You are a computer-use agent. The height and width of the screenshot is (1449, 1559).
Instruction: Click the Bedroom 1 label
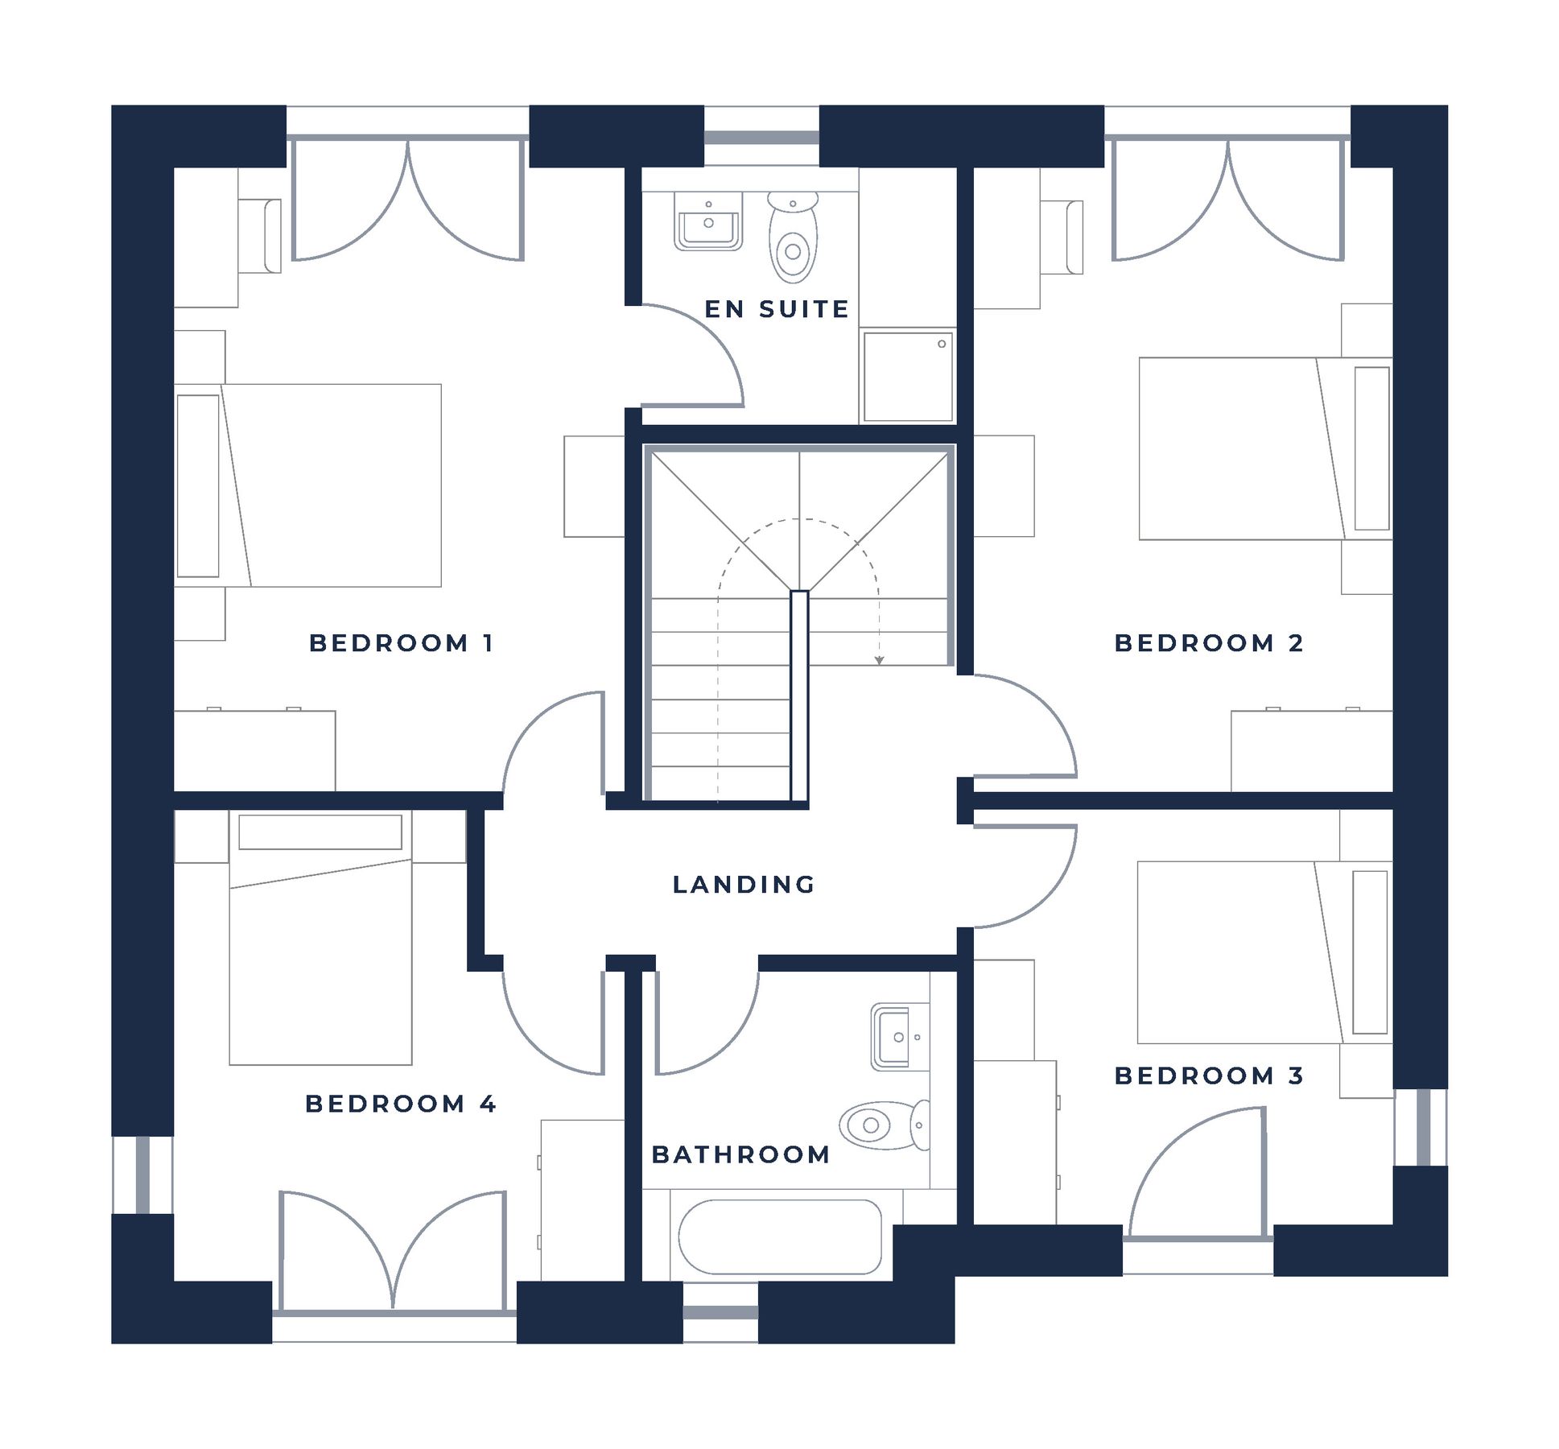(400, 642)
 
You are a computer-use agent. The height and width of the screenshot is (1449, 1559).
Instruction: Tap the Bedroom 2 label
(1208, 642)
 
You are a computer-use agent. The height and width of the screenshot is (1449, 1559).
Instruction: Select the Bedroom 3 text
(1208, 1075)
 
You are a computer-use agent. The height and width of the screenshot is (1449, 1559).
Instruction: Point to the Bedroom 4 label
(400, 1103)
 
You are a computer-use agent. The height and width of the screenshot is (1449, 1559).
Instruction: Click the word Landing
(743, 884)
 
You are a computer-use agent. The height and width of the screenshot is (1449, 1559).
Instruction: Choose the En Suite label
(777, 308)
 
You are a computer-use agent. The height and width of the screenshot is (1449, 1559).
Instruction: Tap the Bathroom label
(740, 1154)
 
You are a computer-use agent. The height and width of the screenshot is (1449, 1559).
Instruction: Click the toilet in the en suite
(793, 237)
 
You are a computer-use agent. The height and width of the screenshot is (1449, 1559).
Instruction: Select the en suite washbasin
(707, 221)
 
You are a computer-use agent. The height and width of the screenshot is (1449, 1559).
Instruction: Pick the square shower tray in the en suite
(908, 376)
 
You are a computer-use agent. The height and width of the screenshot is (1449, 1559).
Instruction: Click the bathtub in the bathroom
(780, 1236)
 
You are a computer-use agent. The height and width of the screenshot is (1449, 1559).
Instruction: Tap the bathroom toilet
(885, 1124)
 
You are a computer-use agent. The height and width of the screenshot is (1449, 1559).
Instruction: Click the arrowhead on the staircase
(879, 661)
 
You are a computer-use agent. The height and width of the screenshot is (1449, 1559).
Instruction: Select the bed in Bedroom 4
(320, 937)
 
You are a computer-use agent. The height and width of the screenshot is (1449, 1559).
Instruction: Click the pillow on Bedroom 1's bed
(198, 485)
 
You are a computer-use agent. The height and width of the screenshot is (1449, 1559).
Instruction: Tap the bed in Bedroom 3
(1264, 952)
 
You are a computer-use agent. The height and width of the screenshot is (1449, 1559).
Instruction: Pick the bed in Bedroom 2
(1265, 448)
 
